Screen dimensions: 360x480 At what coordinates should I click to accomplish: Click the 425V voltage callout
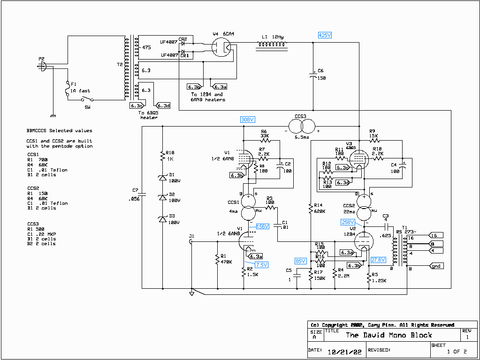(x=325, y=35)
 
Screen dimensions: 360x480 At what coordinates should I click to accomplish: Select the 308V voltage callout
(x=247, y=120)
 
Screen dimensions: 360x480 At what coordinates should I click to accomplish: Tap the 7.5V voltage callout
(x=261, y=265)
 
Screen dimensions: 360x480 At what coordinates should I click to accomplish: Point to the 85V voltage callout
(x=300, y=261)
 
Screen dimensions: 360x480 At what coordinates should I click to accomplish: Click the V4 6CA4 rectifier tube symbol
(x=220, y=46)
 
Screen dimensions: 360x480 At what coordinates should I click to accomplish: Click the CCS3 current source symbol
(x=300, y=126)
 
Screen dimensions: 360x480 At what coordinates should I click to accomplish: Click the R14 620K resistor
(x=311, y=209)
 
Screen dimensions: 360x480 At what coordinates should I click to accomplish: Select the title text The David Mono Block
(x=389, y=335)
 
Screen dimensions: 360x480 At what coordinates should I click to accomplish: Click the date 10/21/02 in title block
(x=344, y=352)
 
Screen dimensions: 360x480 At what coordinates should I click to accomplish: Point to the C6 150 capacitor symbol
(x=313, y=75)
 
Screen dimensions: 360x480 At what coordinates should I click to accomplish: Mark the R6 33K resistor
(x=266, y=140)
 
